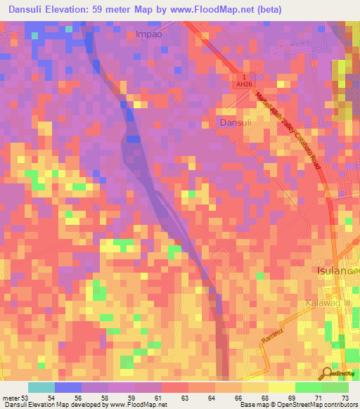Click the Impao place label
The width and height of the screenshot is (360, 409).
pyautogui.click(x=148, y=33)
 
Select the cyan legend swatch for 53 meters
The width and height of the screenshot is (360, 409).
pyautogui.click(x=41, y=387)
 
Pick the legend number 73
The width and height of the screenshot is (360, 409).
pyautogui.click(x=345, y=398)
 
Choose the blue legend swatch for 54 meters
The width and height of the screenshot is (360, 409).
pyautogui.click(x=68, y=387)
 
